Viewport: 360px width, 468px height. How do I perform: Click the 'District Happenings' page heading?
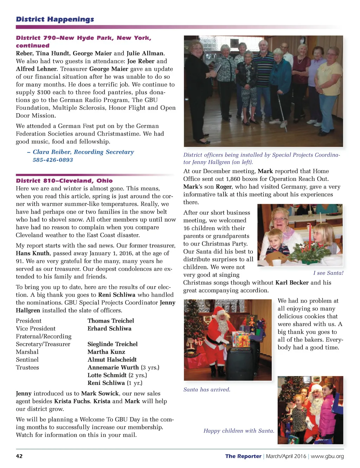click(55, 19)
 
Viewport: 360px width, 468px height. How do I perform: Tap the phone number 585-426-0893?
click(53, 160)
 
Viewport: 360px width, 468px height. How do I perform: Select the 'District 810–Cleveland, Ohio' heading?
click(64, 181)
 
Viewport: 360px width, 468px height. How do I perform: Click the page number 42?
click(19, 456)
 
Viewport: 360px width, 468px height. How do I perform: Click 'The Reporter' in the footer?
click(243, 456)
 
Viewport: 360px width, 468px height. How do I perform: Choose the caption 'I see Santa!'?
click(328, 273)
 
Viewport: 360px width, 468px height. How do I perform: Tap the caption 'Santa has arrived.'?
click(207, 390)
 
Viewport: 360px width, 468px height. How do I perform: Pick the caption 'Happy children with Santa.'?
click(239, 431)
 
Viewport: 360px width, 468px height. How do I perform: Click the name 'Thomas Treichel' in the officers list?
click(111, 321)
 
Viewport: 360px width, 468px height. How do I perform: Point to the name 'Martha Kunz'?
click(106, 352)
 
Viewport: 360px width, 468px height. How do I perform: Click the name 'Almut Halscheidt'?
click(112, 360)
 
